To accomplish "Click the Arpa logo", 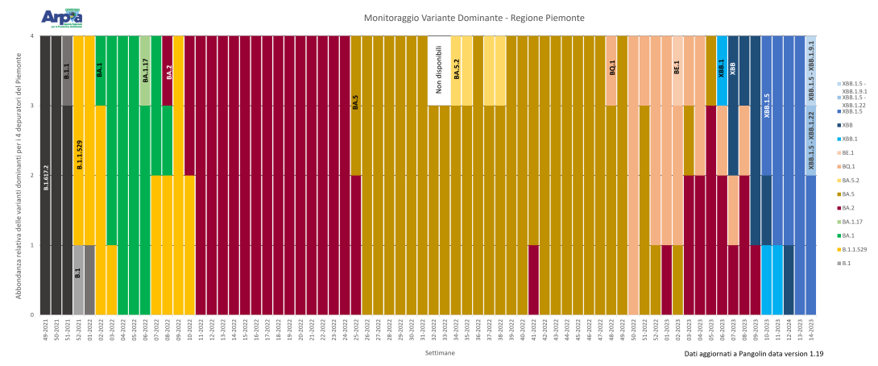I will [61, 17].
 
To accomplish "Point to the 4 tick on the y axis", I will [31, 35].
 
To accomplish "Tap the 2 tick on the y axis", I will [31, 175].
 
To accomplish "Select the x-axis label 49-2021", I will [45, 332].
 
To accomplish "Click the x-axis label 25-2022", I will [356, 332].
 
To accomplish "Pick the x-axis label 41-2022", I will [533, 332].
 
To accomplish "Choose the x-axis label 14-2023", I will [811, 332].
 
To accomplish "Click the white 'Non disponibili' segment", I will [439, 70].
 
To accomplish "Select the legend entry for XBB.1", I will [851, 138].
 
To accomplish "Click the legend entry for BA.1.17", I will [851, 222].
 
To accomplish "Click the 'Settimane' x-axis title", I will [440, 353].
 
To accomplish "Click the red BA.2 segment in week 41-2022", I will [533, 280].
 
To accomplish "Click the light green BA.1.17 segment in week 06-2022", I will [145, 70].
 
